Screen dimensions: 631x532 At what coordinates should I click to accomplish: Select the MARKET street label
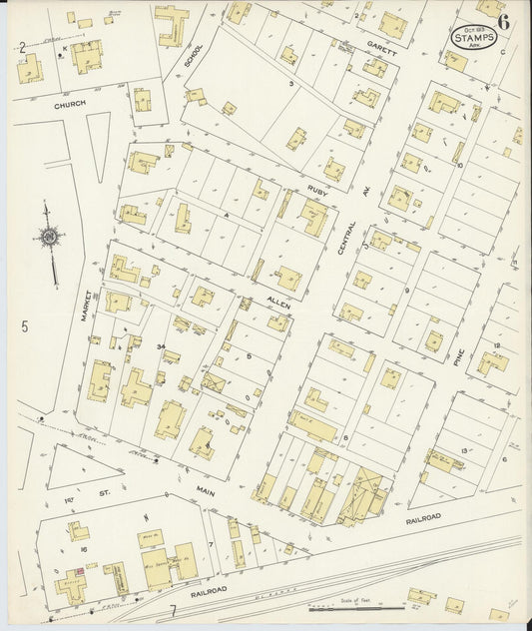click(87, 306)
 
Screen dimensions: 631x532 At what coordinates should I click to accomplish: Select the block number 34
click(160, 345)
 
